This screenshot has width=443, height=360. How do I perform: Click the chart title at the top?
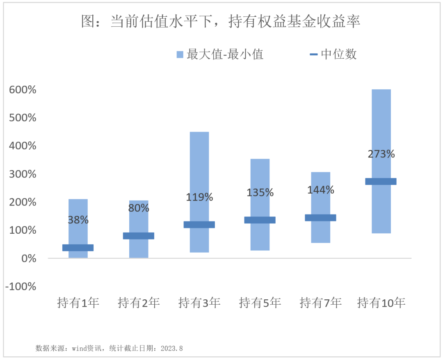point(221,21)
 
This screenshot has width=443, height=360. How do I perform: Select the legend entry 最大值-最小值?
point(220,54)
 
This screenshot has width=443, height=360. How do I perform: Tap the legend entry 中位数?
point(333,54)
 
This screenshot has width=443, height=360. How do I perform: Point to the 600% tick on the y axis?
point(23,90)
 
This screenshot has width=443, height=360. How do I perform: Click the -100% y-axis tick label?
point(21,286)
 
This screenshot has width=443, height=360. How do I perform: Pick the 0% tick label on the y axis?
point(29,258)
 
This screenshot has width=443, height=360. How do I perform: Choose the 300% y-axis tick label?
point(23,174)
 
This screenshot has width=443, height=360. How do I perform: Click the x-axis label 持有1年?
point(78,303)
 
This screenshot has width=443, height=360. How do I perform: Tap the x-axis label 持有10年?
point(381,303)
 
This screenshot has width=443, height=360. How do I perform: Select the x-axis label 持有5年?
point(260,303)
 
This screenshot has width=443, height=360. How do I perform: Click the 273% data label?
point(381,154)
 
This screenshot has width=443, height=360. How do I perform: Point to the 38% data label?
point(78,220)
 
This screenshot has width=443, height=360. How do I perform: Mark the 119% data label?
point(199,197)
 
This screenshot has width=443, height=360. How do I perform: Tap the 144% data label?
point(321,190)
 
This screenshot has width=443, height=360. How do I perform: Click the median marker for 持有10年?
point(381,182)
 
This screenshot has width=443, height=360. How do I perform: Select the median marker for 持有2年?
point(139,236)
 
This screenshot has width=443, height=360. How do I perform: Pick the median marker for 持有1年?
point(78,248)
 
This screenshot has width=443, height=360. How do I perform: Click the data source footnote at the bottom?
point(109,348)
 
